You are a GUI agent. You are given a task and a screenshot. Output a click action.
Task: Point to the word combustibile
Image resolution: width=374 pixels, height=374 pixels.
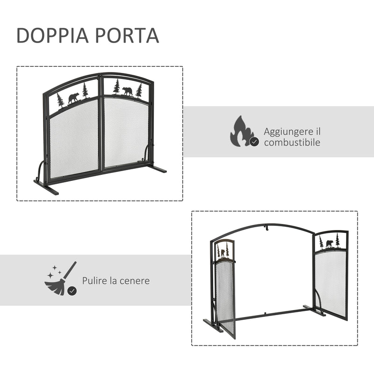292,143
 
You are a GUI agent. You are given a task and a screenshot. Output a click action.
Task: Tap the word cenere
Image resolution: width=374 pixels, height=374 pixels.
136,281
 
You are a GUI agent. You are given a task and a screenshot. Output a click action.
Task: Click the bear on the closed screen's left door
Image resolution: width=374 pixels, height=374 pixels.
73,98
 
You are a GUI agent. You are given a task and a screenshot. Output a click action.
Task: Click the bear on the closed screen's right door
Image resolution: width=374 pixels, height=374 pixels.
127,90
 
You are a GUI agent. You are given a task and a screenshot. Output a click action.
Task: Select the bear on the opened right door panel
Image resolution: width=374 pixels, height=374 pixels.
329,244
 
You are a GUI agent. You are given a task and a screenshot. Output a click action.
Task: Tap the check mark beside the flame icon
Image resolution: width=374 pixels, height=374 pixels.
254,142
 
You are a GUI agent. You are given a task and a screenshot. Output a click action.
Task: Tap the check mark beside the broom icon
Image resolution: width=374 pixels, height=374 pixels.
72,291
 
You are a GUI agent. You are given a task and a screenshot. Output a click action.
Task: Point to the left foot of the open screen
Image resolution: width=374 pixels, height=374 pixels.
213,325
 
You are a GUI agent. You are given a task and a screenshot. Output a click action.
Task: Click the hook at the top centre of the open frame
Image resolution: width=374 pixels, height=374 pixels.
265,230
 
